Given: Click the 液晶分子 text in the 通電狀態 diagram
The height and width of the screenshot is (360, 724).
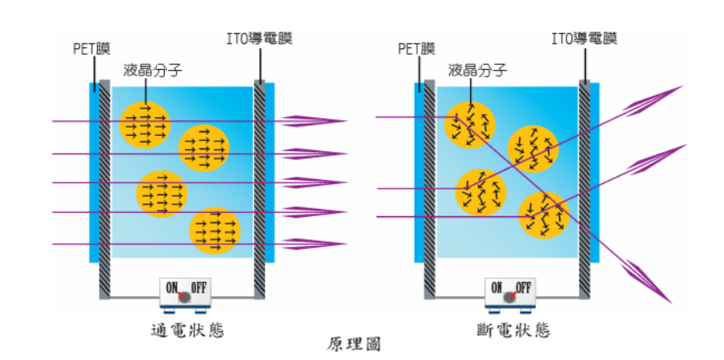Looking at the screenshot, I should tap(149, 70).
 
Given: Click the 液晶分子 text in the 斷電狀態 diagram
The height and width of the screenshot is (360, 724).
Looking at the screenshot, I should tap(477, 70).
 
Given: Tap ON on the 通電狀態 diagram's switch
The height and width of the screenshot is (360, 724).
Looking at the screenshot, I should tap(172, 287).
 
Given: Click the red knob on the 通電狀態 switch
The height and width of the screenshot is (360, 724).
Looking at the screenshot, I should tap(185, 297).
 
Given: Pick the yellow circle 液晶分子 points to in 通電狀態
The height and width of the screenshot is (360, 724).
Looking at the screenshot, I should tap(145, 125).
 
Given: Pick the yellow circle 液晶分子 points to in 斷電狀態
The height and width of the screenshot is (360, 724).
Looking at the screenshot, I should tap(470, 125).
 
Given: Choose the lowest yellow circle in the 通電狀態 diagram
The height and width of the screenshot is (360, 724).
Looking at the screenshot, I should tap(215, 231).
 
